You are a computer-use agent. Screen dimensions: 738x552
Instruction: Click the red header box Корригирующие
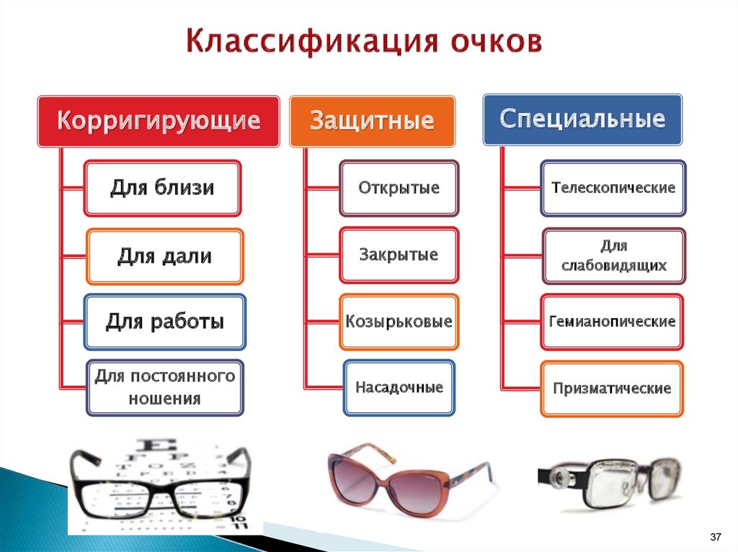pos(159,122)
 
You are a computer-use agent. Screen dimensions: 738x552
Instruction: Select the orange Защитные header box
pos(373,122)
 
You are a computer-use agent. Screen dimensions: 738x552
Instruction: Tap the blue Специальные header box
pos(582,119)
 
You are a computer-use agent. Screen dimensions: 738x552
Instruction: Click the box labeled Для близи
pos(162,188)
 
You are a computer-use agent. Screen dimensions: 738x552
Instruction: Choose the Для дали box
pos(165,257)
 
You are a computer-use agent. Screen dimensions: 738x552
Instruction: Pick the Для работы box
pos(165,322)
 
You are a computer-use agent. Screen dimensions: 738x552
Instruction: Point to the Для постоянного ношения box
pos(165,388)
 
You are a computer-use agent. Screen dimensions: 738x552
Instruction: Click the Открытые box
pos(399,188)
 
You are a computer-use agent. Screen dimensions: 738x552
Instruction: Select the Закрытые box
pos(399,255)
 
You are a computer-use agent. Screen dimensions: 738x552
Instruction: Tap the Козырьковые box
pos(399,322)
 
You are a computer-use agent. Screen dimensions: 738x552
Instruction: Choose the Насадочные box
pos(399,388)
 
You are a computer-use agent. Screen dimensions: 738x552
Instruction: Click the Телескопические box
pos(613,188)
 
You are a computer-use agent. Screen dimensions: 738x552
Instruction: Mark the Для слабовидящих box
pos(614,256)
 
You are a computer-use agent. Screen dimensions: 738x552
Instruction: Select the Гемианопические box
pos(612,322)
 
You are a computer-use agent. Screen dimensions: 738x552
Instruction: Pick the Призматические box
pos(612,389)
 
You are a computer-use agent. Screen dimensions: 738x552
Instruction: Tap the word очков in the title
pos(496,41)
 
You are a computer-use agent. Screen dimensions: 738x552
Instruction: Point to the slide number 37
pos(716,537)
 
